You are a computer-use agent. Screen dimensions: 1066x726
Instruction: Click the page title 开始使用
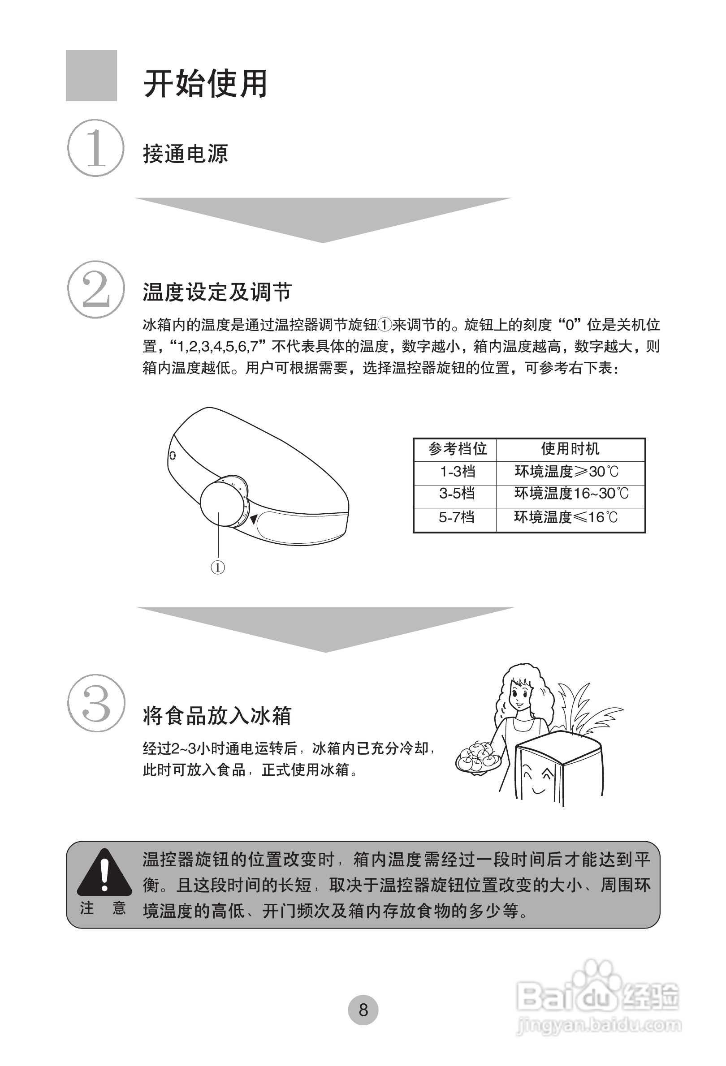[x=205, y=84]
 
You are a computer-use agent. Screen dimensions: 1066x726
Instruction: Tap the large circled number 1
[x=96, y=148]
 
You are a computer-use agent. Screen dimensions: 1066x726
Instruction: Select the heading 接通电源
[x=185, y=154]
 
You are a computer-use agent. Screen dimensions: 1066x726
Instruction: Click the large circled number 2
[x=96, y=289]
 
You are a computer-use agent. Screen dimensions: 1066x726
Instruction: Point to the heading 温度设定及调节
[x=217, y=292]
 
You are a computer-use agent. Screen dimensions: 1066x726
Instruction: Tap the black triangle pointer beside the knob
[x=253, y=518]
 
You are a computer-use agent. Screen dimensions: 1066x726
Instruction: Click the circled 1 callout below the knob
[x=217, y=568]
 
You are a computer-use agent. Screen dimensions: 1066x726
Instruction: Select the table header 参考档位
[x=457, y=449]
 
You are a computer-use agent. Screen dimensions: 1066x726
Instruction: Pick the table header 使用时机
[x=570, y=449]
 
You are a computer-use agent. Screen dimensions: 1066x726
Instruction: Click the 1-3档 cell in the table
[x=457, y=472]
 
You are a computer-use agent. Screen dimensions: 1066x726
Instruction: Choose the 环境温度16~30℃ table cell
[x=571, y=494]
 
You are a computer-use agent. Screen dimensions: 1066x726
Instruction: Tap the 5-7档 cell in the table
[x=456, y=517]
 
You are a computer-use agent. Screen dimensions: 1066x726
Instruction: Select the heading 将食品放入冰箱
[x=217, y=716]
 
